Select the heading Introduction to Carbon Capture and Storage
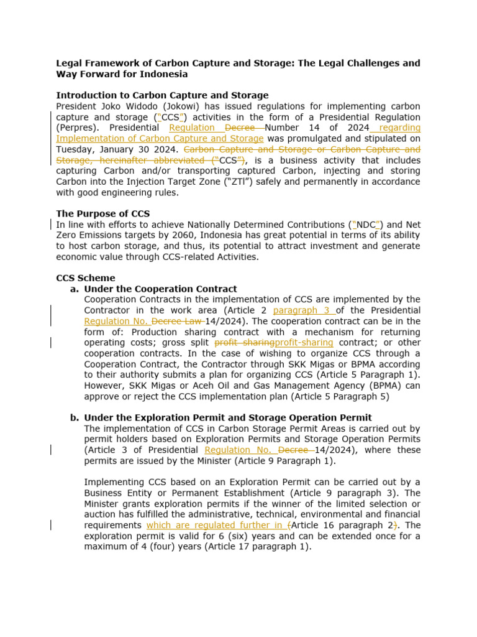[x=162, y=95]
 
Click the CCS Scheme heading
[x=86, y=278]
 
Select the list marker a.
[x=75, y=289]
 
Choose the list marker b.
[x=75, y=417]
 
